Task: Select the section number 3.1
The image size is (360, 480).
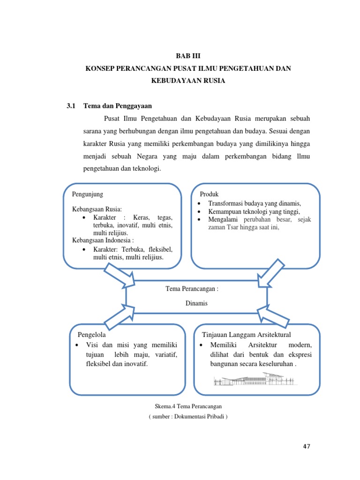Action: click(x=71, y=106)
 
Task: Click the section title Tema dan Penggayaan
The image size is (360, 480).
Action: click(x=118, y=106)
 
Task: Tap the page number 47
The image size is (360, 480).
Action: click(x=307, y=446)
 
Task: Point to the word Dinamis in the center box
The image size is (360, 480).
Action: click(x=196, y=303)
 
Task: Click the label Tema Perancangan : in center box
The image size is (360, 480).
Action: click(x=192, y=288)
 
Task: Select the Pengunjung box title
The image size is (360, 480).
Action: click(x=88, y=194)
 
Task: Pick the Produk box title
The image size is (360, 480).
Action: click(x=210, y=194)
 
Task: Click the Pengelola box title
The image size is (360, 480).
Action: click(x=91, y=335)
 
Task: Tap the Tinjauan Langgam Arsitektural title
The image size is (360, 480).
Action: click(x=246, y=335)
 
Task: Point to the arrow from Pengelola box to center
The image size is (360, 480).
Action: click(x=118, y=316)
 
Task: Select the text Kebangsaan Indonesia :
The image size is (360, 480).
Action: click(x=103, y=240)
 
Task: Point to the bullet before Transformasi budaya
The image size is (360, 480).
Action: click(x=199, y=204)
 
